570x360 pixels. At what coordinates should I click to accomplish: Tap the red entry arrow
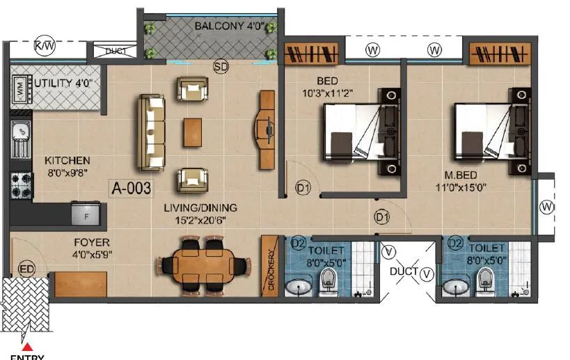coord(27,346)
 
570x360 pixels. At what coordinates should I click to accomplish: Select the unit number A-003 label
coord(132,187)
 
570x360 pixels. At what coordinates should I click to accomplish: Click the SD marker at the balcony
coord(221,67)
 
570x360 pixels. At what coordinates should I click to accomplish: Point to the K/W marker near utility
coord(45,45)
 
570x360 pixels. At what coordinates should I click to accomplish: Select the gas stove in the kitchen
coord(19,185)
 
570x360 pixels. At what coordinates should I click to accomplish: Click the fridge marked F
coord(85,213)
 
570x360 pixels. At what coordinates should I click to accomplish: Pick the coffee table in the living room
coord(193,132)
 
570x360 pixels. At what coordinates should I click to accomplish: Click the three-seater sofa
coord(151,132)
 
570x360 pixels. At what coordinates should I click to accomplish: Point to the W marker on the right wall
coord(550,207)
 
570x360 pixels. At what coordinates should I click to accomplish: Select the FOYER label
coord(91,244)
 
